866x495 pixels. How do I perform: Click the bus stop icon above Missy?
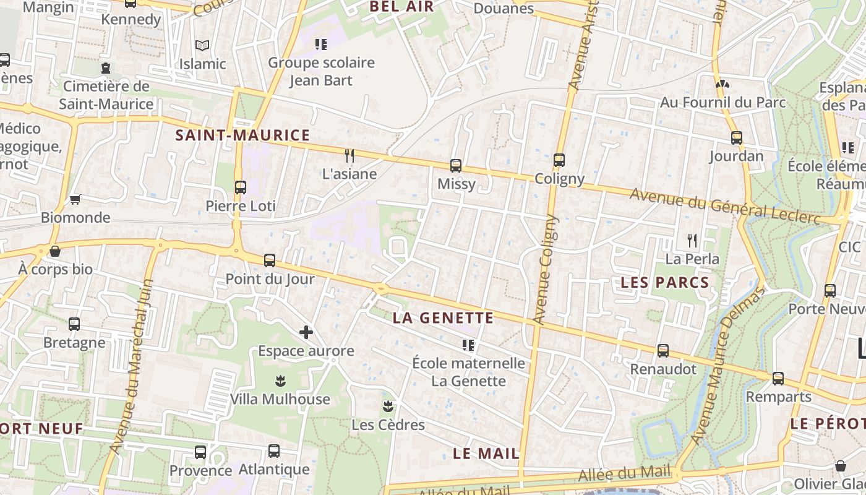456,166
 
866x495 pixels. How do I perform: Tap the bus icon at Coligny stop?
559,160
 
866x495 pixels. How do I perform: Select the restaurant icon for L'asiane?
349,155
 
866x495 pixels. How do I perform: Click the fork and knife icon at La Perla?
692,240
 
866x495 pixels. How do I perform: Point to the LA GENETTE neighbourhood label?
444,319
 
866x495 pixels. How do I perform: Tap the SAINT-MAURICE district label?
242,135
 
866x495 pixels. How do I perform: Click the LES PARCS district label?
664,283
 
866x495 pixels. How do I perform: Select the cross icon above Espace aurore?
306,332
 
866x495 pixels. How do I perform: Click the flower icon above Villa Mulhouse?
280,381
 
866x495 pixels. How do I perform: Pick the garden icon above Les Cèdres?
388,407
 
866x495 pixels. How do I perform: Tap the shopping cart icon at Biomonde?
75,199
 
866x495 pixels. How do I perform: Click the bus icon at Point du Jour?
270,260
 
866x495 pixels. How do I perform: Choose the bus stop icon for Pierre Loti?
241,187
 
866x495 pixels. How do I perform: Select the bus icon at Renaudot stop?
663,351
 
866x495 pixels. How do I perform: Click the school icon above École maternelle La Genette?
468,345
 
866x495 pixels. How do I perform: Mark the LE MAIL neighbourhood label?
486,454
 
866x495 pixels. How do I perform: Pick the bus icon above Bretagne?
74,324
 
